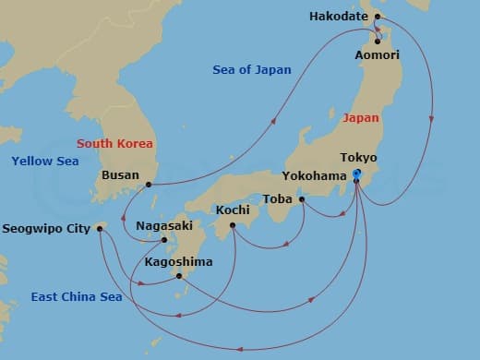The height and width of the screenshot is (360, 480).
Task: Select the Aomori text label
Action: (378, 55)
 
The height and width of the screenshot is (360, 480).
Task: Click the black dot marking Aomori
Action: (377, 40)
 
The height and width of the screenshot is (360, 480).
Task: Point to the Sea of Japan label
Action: (251, 69)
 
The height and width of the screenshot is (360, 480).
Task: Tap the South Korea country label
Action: (114, 143)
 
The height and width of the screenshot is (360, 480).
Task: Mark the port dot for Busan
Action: (148, 185)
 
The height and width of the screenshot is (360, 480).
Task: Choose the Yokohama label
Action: (317, 175)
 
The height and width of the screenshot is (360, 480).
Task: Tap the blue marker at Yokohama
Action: (357, 176)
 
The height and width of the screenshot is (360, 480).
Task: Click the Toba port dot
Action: (302, 198)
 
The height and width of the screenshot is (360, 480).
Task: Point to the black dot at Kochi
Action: (233, 225)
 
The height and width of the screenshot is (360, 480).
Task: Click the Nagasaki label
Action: (163, 225)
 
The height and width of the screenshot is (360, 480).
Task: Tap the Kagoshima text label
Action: (178, 261)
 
